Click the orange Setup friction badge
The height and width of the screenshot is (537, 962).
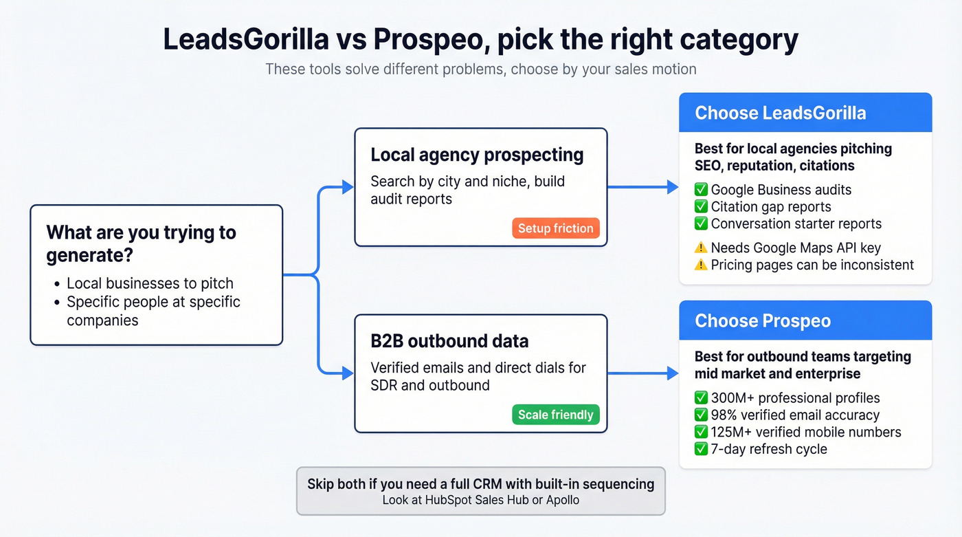(555, 228)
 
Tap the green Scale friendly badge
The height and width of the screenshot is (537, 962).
(555, 415)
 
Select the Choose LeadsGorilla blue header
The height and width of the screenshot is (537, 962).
(805, 113)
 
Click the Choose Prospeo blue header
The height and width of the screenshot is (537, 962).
(805, 320)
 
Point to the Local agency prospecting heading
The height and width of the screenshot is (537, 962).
(477, 155)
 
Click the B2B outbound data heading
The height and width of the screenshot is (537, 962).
(449, 341)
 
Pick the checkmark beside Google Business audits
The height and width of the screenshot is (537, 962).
(701, 190)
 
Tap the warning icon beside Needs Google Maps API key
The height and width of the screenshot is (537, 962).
(701, 248)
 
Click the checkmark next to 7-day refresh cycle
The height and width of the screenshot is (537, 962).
(701, 449)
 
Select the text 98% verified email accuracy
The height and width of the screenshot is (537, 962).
(795, 415)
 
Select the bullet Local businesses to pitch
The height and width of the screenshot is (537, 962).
(150, 283)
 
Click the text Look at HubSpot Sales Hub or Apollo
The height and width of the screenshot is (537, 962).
(480, 500)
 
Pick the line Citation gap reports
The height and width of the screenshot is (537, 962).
(771, 207)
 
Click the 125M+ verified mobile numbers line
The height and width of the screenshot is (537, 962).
(806, 432)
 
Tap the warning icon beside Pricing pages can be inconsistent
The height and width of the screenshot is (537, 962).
(701, 265)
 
